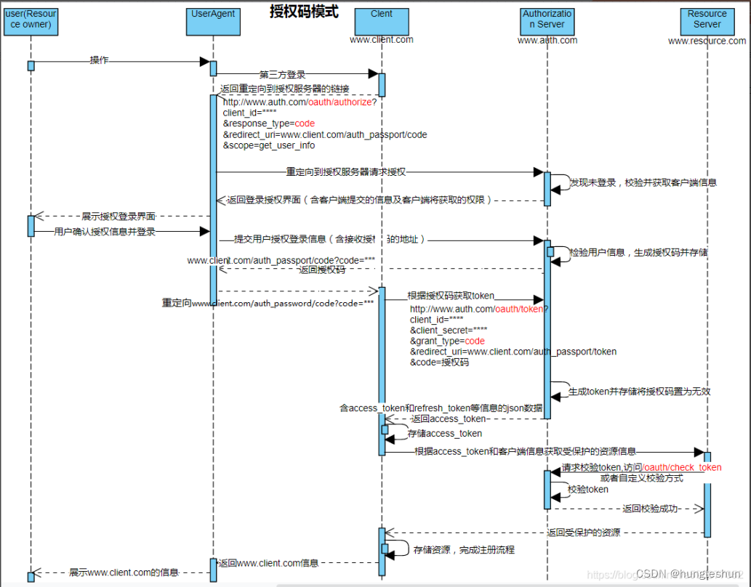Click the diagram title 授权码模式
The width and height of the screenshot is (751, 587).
(x=304, y=12)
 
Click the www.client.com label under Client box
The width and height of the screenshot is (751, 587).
(x=382, y=39)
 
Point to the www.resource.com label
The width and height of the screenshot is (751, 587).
(x=707, y=41)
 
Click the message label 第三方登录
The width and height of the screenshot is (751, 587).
(x=282, y=74)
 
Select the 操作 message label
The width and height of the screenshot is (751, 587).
(x=99, y=60)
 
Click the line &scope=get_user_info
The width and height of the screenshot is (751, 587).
(x=268, y=145)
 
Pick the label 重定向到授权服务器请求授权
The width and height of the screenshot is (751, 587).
(x=345, y=172)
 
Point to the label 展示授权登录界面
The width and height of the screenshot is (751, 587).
(x=118, y=216)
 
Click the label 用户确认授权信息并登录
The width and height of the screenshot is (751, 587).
(x=105, y=232)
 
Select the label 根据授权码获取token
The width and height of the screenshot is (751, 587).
(x=450, y=296)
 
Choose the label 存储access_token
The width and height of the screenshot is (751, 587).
(x=444, y=434)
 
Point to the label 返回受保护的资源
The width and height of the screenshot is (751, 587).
(x=583, y=533)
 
